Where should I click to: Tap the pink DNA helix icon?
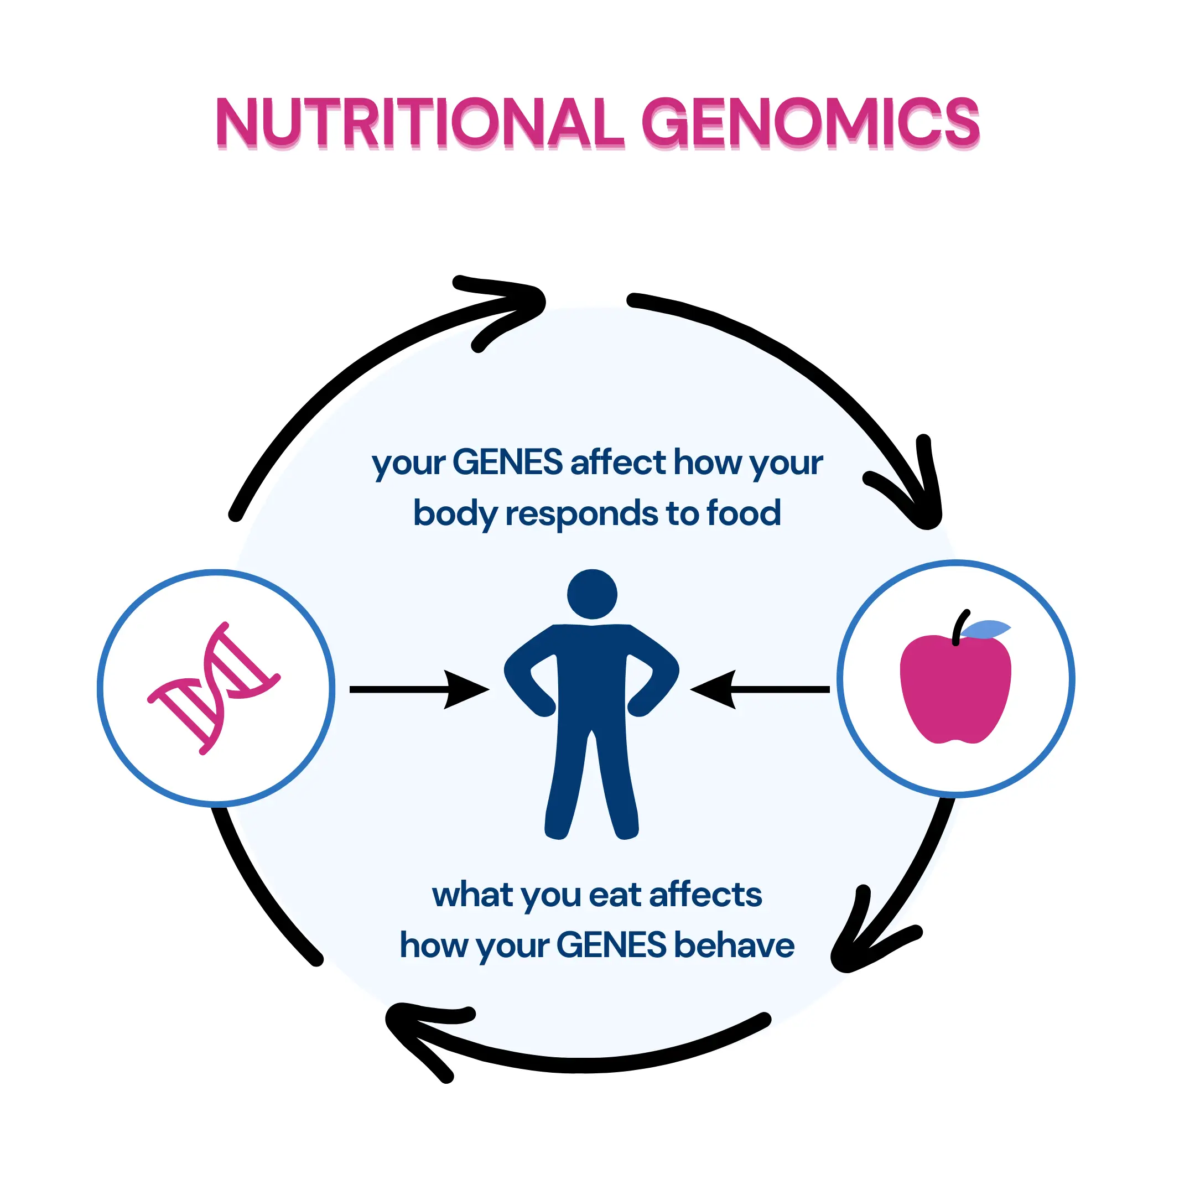(214, 688)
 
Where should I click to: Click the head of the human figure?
(592, 594)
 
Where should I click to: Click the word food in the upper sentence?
(744, 513)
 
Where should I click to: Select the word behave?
(734, 945)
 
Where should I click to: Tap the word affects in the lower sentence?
(705, 895)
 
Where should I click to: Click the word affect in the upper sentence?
(618, 463)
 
